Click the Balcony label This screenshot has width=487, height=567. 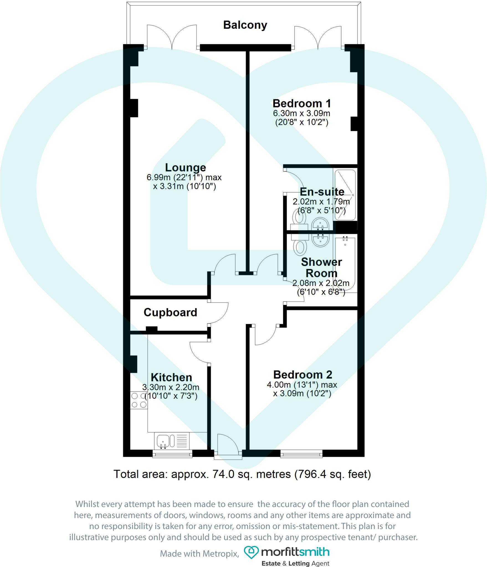point(245,25)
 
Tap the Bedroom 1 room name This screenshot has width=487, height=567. point(302,104)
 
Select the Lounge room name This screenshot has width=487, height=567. point(186,167)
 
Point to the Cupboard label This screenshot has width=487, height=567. point(170,312)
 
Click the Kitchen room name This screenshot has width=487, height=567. point(171,377)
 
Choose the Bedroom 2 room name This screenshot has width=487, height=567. point(303,375)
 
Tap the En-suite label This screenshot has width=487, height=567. point(322,192)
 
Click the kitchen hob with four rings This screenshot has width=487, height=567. point(139,400)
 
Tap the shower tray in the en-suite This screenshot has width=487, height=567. point(345,195)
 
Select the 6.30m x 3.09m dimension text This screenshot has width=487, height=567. point(301,113)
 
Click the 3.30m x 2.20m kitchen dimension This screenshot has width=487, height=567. point(171,387)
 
